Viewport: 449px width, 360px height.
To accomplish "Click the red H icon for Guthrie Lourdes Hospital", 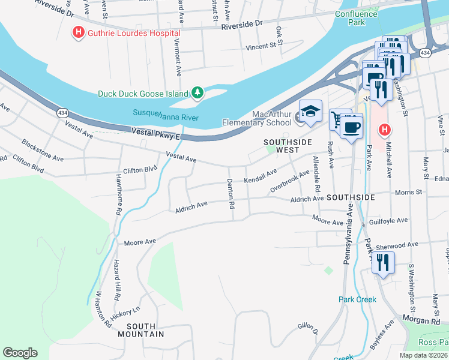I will [78, 32].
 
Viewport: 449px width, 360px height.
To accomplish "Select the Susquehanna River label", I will [165, 114].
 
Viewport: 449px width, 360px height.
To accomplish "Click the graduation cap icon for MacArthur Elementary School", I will [310, 112].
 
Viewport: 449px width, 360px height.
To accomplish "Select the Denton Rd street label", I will [231, 194].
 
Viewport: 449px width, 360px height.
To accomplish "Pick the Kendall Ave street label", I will [261, 175].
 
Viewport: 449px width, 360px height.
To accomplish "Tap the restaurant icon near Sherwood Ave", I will [382, 262].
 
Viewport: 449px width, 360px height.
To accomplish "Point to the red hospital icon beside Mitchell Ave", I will [385, 129].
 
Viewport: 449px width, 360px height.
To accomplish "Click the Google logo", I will [20, 353].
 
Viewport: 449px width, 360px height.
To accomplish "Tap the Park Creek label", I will [357, 299].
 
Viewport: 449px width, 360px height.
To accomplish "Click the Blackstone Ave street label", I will [43, 151].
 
